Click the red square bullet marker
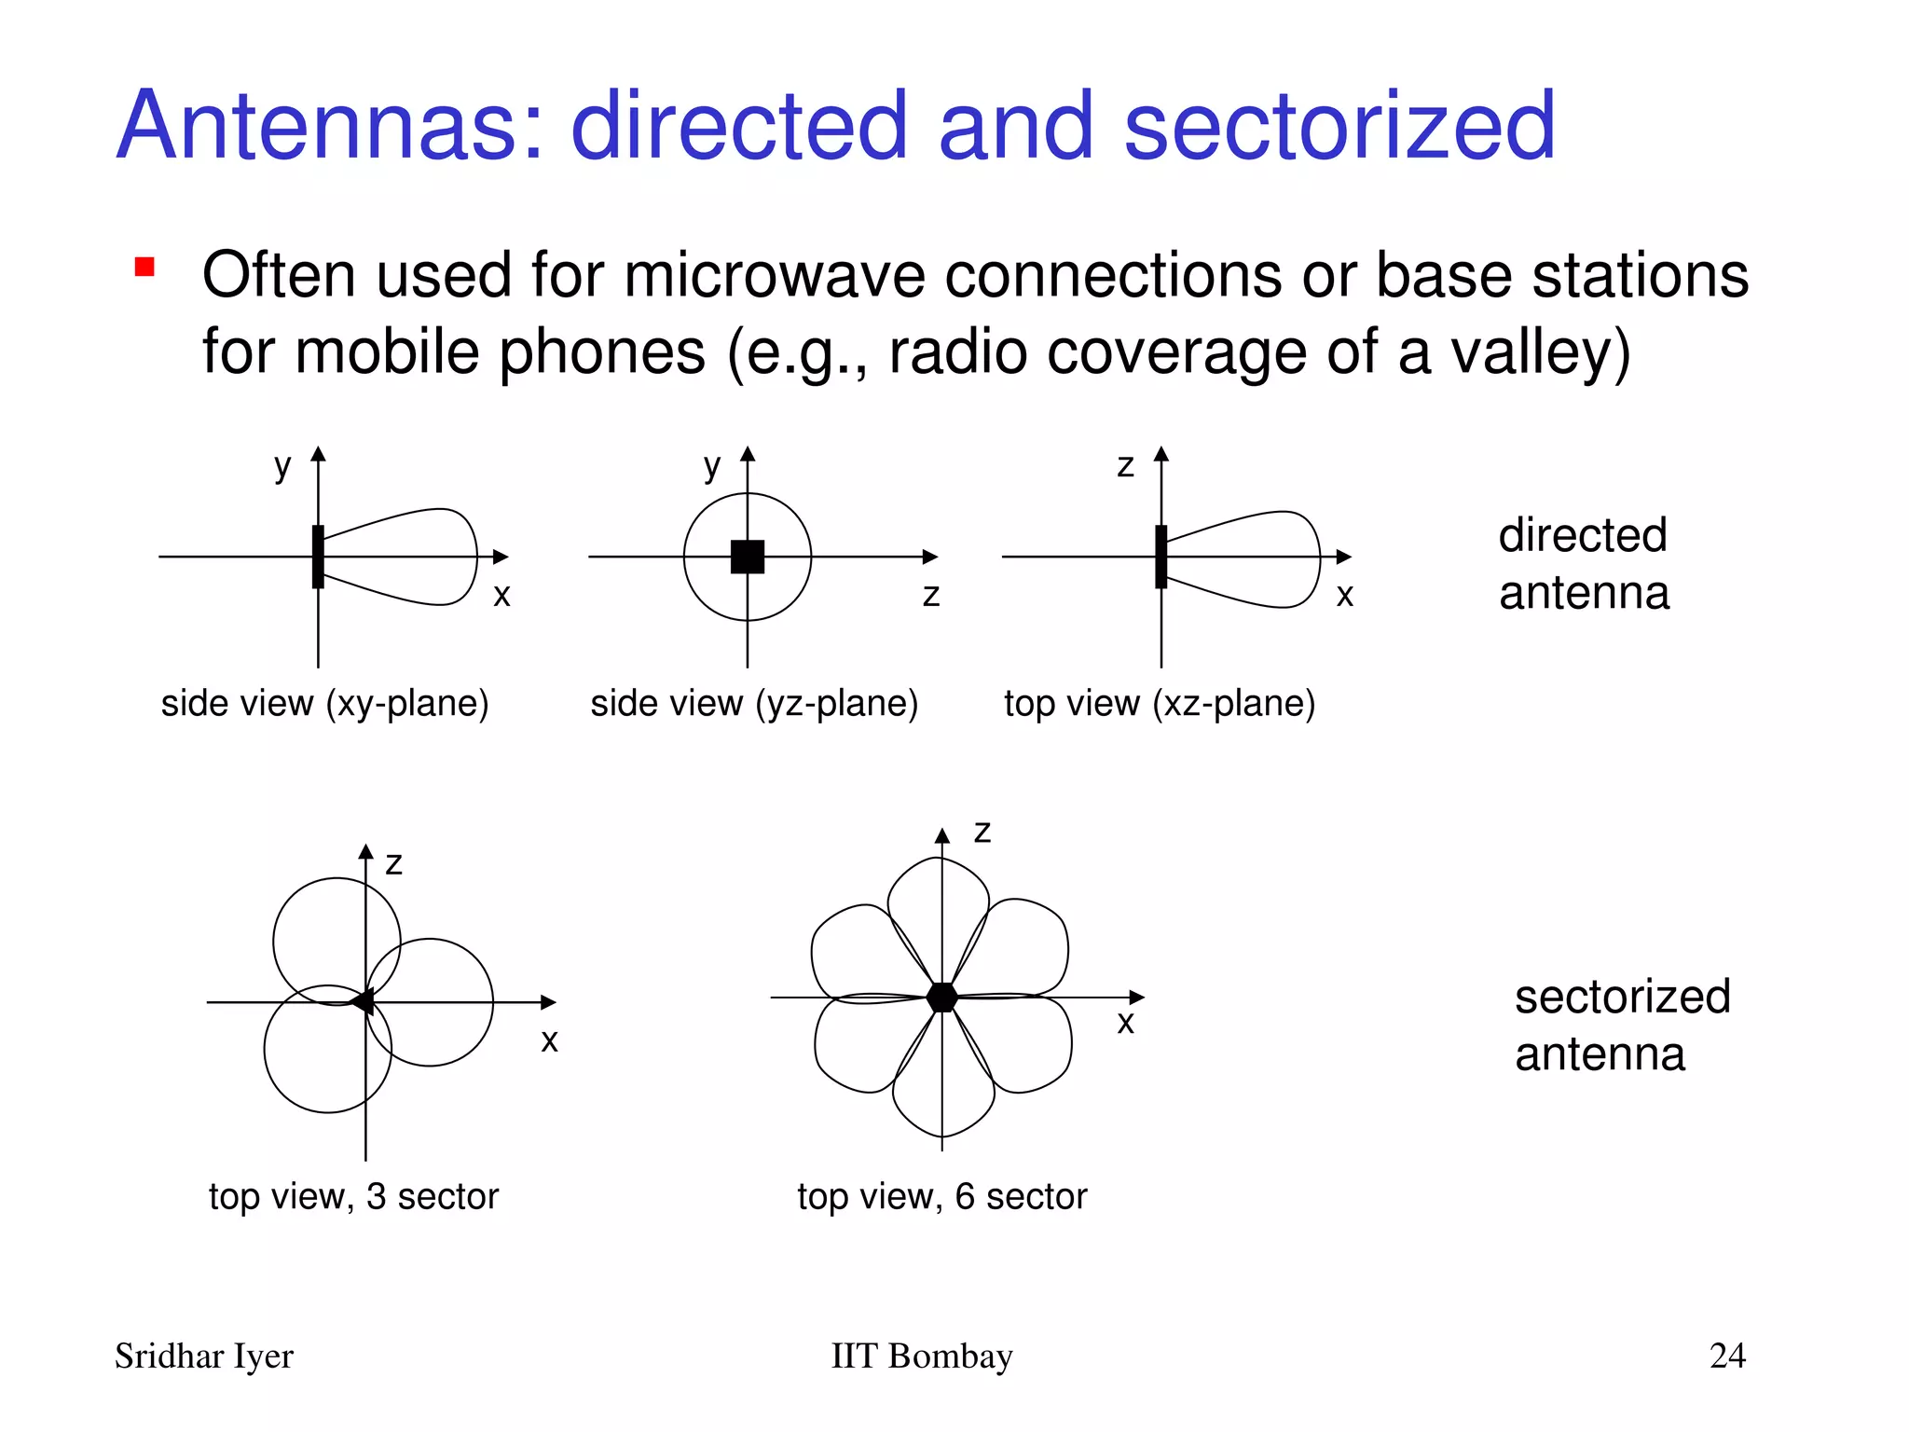144,268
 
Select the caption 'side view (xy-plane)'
324,703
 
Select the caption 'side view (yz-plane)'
754,703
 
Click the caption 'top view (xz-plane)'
1160,703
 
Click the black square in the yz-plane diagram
748,557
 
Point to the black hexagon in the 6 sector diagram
942,997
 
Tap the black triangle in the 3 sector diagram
362,1002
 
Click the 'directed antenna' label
1584,563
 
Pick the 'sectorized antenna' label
1622,1025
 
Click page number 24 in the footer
1727,1355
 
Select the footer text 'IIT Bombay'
921,1356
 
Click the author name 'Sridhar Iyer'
204,1356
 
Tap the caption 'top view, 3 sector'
353,1196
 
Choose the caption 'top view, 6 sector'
941,1196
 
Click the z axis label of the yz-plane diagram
930,595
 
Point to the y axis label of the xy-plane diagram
282,466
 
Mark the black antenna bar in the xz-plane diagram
1161,557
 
